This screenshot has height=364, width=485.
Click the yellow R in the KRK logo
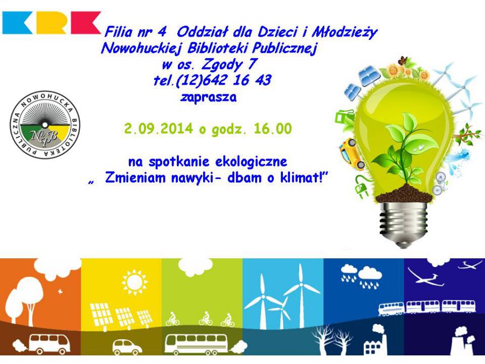pyautogui.click(x=51, y=23)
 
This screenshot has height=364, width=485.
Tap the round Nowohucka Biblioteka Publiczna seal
pyautogui.click(x=45, y=125)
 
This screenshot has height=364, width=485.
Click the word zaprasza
pyautogui.click(x=209, y=97)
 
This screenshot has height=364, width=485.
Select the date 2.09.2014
pyautogui.click(x=158, y=128)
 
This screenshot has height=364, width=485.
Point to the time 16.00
pyautogui.click(x=273, y=128)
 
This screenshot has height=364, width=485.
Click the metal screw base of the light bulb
pyautogui.click(x=403, y=223)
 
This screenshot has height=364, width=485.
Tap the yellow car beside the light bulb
pyautogui.click(x=352, y=154)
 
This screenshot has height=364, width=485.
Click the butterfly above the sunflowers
pyautogui.click(x=403, y=60)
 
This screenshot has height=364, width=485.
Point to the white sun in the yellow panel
pyautogui.click(x=134, y=282)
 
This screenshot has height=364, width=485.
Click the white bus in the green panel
pyautogui.click(x=196, y=344)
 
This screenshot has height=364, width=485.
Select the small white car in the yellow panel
pyautogui.click(x=127, y=347)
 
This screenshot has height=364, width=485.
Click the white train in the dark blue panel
pyautogui.click(x=427, y=307)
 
